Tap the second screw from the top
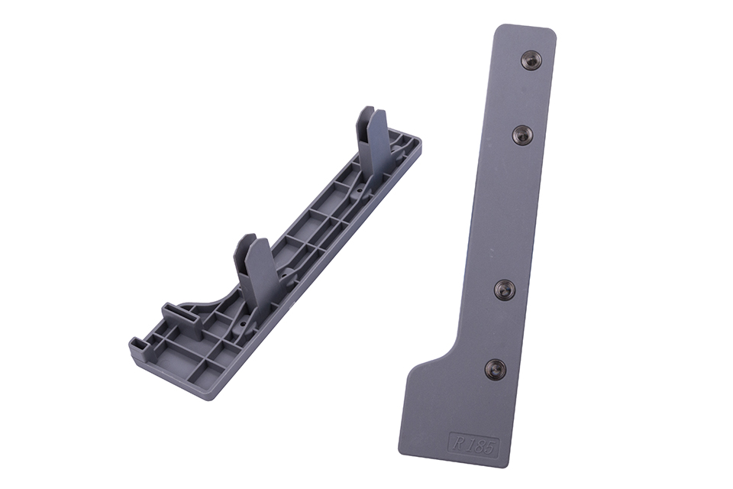tap(523, 134)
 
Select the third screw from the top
tap(505, 290)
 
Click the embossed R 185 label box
tap(474, 445)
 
